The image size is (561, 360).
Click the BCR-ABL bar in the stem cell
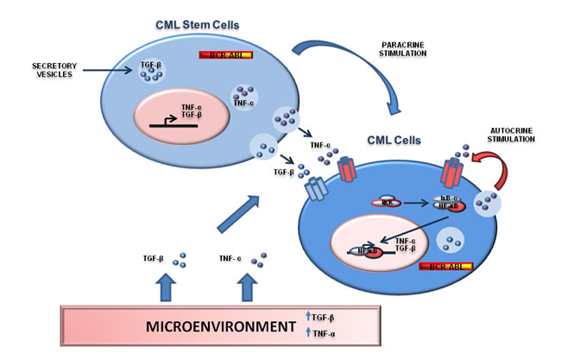pyautogui.click(x=218, y=55)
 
